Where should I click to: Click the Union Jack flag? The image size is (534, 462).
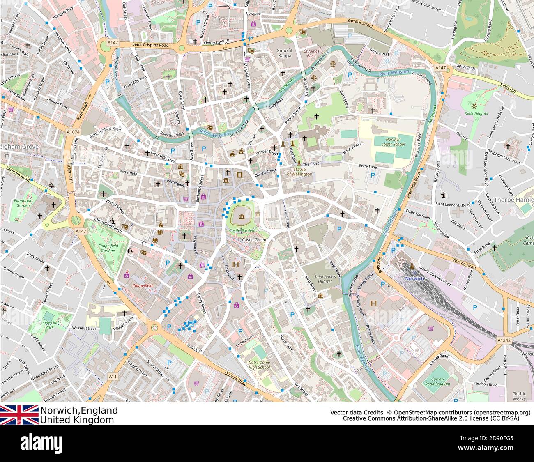point(19,415)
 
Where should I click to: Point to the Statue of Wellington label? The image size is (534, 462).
point(299,172)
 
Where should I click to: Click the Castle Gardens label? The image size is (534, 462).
point(242,230)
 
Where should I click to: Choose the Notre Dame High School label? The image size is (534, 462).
point(259,365)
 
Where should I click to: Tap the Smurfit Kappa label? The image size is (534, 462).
point(284,53)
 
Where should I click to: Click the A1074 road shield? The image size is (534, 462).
point(73,132)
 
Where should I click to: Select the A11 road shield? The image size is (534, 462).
point(113,376)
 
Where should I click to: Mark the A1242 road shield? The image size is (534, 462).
point(504,340)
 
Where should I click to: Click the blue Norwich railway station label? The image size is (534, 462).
point(414,278)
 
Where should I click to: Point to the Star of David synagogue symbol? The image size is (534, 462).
point(51,186)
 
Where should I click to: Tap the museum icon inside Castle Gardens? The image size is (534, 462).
point(240,216)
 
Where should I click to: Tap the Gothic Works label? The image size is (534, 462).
point(519,396)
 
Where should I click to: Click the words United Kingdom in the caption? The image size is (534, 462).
point(77,420)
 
